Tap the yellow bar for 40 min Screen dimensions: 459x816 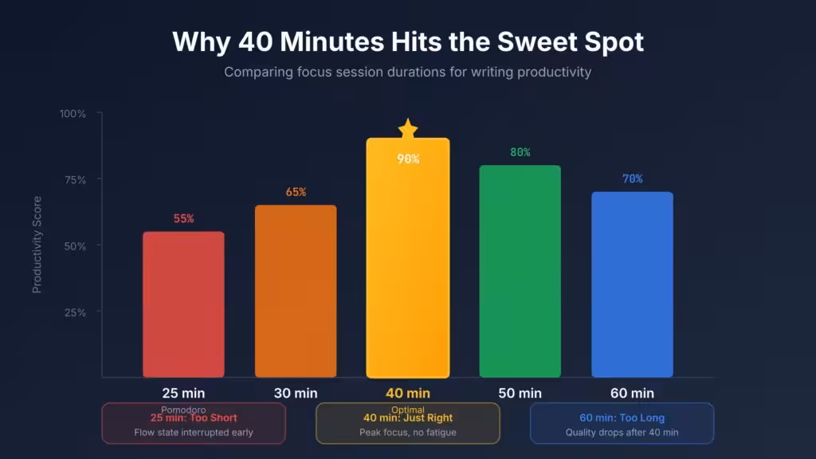pos(408,263)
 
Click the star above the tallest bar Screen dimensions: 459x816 pos(408,127)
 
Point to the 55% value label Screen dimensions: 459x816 pos(183,218)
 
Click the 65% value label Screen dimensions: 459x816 pos(296,192)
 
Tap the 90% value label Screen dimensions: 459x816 pos(408,159)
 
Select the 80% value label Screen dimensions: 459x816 pos(520,152)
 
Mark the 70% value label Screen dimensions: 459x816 pos(632,178)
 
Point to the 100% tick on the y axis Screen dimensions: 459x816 pos(73,113)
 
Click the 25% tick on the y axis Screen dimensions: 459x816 pos(75,312)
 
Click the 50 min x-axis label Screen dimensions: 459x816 pos(520,393)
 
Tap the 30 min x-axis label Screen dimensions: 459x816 pos(296,393)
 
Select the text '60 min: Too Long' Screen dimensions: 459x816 pos(622,418)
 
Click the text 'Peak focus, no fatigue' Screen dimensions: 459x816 pos(408,433)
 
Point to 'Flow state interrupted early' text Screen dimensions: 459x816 pos(194,433)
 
